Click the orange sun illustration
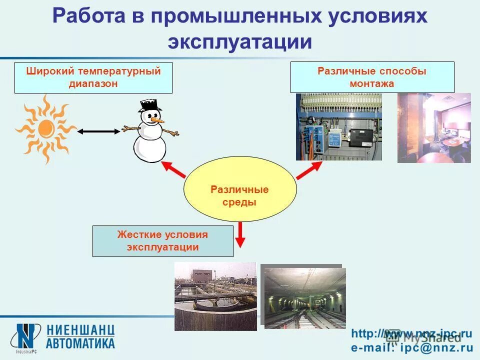click(45, 129)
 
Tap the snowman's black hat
click(150, 105)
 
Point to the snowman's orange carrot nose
click(157, 120)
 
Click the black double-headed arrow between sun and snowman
click(99, 131)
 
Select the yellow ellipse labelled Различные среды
click(240, 189)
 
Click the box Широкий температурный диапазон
click(93, 77)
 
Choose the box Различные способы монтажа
click(372, 77)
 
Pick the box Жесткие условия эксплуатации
click(163, 241)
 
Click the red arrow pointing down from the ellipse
click(240, 234)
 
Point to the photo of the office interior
click(434, 127)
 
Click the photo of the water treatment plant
click(215, 296)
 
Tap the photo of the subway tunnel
click(304, 298)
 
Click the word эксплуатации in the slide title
click(240, 41)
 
